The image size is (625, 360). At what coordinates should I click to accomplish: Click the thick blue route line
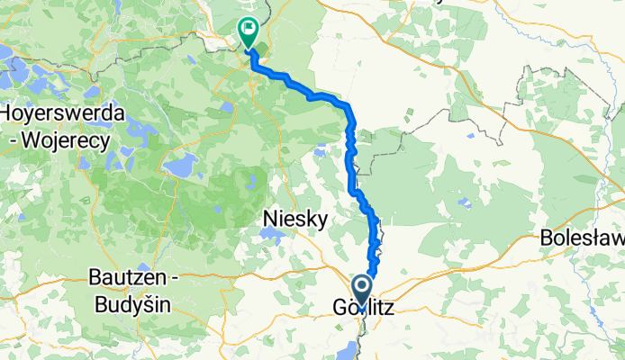[x=349, y=166]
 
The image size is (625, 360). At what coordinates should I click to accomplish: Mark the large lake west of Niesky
[x=181, y=166]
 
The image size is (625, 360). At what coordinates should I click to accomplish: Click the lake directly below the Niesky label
[x=269, y=235]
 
